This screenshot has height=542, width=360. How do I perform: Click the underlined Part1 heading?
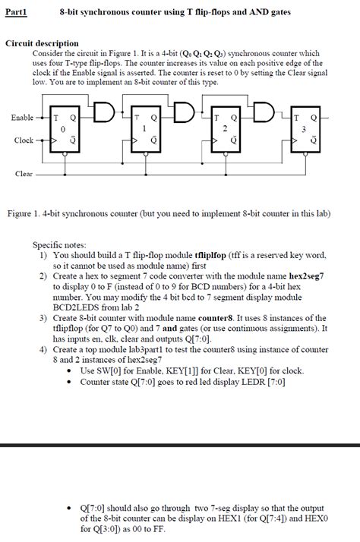(x=16, y=12)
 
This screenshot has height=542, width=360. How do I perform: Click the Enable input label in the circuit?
(x=22, y=118)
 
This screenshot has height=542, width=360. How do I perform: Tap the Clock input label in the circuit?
(x=24, y=140)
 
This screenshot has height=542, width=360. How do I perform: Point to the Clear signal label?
(x=24, y=174)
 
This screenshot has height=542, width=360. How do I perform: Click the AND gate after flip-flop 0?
(x=104, y=112)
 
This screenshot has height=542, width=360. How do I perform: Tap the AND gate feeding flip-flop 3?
(x=264, y=112)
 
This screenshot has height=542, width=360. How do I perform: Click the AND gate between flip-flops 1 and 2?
(x=185, y=112)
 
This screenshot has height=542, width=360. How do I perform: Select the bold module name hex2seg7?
(x=306, y=276)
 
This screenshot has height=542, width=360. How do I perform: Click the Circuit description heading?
(x=42, y=43)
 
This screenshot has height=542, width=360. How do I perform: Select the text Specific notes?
(x=59, y=245)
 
